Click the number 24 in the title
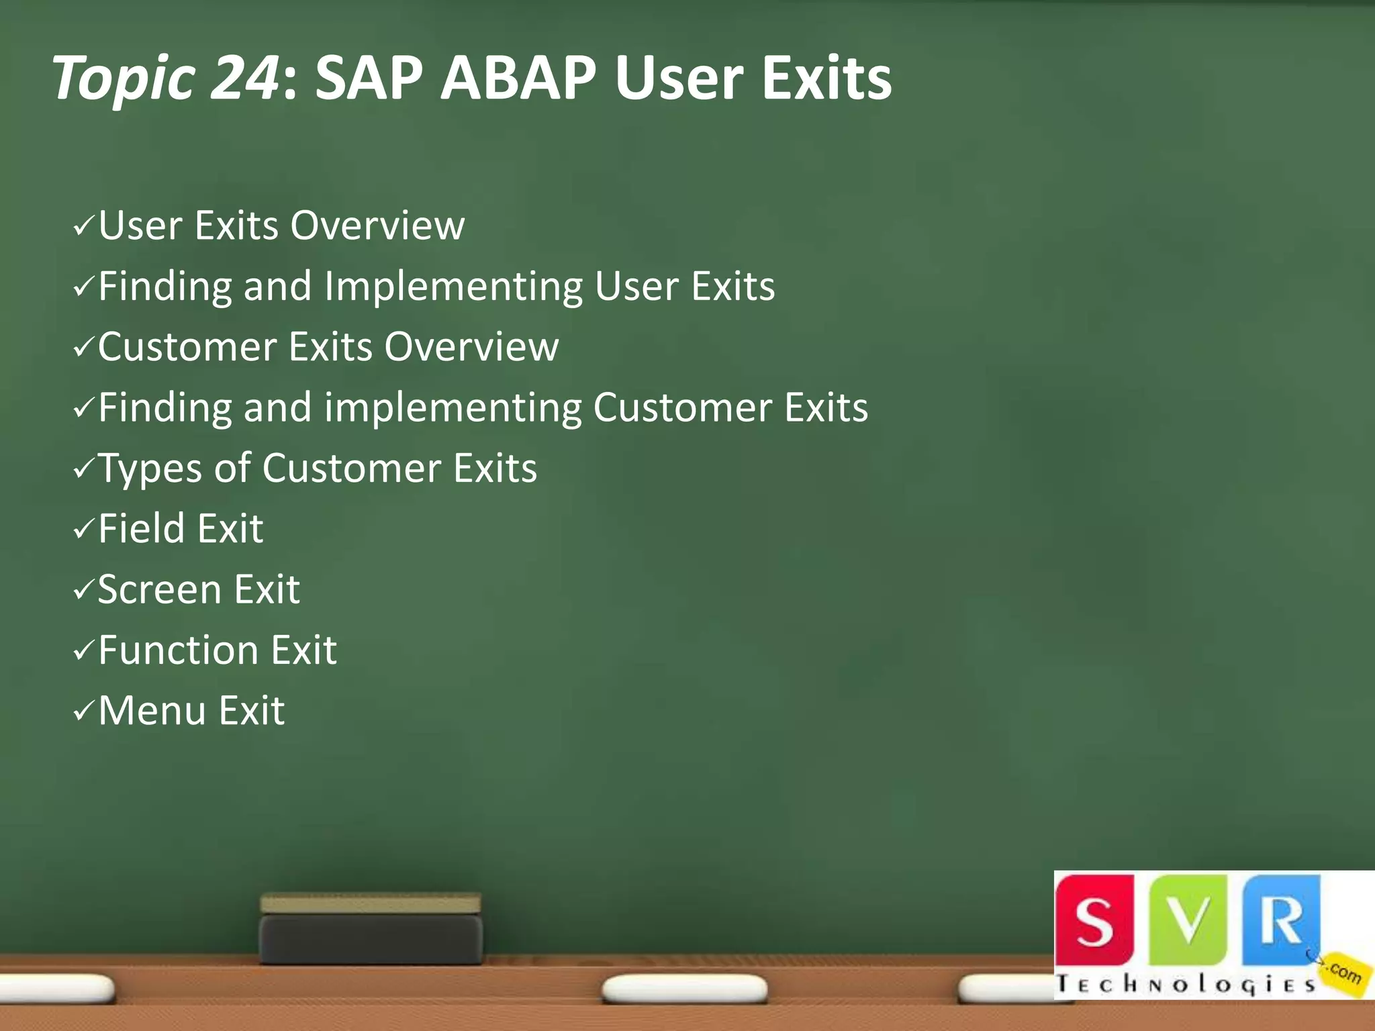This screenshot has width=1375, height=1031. (244, 78)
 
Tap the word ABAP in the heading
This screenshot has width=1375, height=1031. (518, 78)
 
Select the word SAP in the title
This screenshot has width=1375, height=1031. (369, 78)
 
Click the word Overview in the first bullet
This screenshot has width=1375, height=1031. (377, 226)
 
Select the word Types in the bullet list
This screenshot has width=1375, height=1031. (150, 469)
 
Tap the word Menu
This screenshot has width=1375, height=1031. (152, 711)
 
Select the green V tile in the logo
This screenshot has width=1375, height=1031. (1188, 920)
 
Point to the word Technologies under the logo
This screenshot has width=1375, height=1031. (1185, 985)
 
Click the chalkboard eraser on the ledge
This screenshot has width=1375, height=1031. (371, 929)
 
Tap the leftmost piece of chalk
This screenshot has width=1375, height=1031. (57, 987)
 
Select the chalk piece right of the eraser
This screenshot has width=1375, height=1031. (684, 989)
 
